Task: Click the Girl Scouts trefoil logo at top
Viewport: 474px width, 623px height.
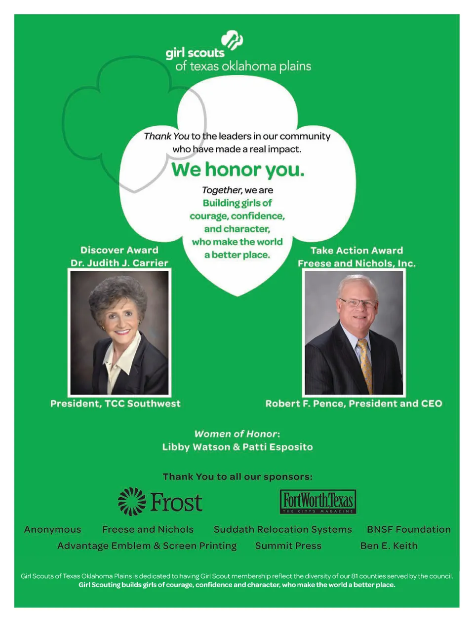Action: (232, 40)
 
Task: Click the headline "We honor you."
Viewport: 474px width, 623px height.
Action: (237, 170)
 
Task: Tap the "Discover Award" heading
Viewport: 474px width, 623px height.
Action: (119, 250)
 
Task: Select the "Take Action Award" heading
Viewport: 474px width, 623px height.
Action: (356, 251)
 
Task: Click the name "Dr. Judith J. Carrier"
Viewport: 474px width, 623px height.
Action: (119, 263)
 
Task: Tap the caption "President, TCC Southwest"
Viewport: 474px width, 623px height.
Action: (116, 403)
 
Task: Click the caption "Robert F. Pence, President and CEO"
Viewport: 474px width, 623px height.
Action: (354, 403)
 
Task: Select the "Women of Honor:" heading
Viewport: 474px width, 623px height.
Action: (237, 434)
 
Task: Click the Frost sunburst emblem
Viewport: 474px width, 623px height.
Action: (132, 502)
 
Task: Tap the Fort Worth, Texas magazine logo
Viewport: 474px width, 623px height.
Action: (318, 502)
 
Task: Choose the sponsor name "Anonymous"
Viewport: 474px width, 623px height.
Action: (52, 529)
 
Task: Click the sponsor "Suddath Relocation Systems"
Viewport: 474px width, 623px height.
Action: (282, 529)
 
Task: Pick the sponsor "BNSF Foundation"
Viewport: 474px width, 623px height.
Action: (408, 529)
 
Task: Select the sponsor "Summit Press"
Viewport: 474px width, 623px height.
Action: (288, 546)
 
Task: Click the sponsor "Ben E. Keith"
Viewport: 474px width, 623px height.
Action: (389, 546)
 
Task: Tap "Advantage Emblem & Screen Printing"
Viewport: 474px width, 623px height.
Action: (147, 546)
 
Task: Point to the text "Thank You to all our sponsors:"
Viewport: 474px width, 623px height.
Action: (237, 476)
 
